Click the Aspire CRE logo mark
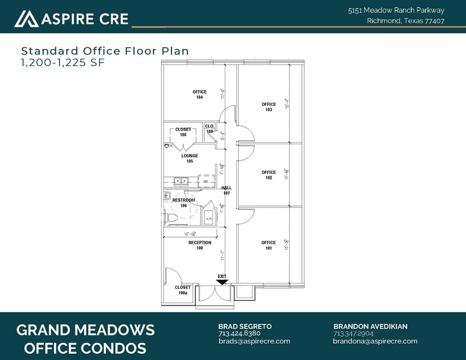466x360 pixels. click(26, 19)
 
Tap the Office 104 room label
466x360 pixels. click(199, 94)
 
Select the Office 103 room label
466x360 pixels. click(268, 107)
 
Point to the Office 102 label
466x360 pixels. click(268, 174)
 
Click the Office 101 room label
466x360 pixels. click(268, 246)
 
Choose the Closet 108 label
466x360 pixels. click(183, 132)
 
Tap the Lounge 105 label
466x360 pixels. click(190, 159)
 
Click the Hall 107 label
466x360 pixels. click(226, 190)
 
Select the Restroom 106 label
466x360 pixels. click(183, 203)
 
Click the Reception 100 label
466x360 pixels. click(200, 246)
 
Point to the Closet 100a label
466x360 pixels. click(183, 290)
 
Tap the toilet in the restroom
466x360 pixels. click(172, 217)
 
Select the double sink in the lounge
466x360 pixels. click(180, 181)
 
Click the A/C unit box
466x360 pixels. click(208, 219)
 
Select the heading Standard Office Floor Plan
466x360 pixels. click(105, 51)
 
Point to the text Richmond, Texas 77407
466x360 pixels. click(405, 21)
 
